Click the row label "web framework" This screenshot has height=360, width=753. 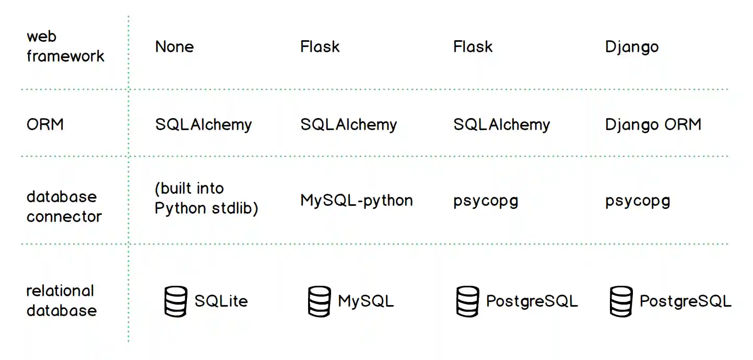65,47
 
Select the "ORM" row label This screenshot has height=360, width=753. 45,124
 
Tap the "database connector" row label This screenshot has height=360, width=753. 64,206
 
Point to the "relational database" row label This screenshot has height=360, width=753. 61,300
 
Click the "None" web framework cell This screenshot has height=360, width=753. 174,47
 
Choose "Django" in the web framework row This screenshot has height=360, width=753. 632,47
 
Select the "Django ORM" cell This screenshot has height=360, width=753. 653,124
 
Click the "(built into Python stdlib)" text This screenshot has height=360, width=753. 206,198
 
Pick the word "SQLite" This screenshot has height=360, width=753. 221,301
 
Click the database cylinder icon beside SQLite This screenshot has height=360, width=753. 175,301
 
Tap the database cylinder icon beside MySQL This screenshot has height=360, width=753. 319,301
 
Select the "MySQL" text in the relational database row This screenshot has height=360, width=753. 366,301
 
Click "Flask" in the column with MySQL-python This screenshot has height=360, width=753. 320,47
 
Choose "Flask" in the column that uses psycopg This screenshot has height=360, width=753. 473,47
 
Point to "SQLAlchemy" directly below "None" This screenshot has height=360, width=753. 203,124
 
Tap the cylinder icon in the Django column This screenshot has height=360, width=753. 621,301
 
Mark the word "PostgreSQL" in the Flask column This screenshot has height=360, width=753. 532,301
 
